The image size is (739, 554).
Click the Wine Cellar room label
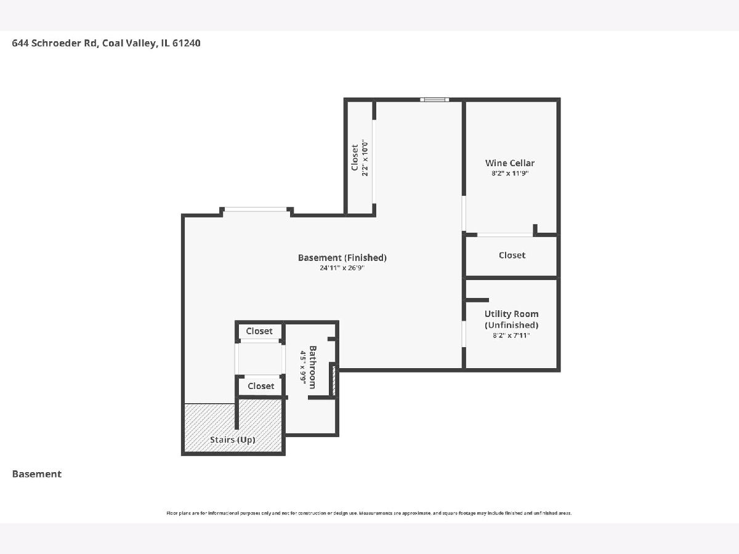tap(510, 163)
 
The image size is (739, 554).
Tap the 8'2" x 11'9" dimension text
tap(510, 173)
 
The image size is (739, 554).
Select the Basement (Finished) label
tap(342, 258)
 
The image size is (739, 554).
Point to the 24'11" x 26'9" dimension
tap(342, 268)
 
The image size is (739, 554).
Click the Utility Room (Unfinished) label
tap(511, 319)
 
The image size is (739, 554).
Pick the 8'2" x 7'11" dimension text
tap(511, 335)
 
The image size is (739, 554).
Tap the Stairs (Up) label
tap(232, 440)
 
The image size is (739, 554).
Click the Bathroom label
tap(312, 367)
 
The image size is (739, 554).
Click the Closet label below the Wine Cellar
tap(512, 255)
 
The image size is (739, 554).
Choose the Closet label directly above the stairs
tap(261, 386)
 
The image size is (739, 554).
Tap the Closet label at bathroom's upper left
tap(259, 331)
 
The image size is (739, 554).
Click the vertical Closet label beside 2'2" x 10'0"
tap(355, 158)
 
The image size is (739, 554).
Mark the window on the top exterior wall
tap(434, 100)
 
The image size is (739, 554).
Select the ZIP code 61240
tap(186, 43)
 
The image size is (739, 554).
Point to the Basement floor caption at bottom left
tap(37, 474)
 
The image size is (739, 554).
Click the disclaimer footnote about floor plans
tap(369, 513)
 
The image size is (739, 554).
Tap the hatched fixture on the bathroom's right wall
tap(334, 380)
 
